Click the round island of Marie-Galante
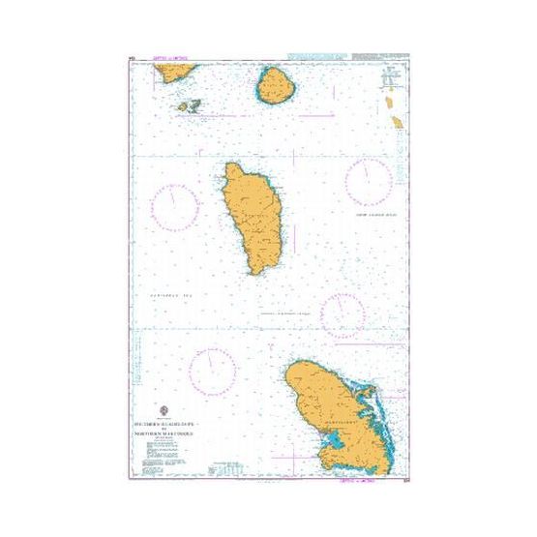click(276, 86)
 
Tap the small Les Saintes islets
click(189, 105)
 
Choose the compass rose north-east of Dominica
click(369, 182)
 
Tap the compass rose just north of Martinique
click(343, 313)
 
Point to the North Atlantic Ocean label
click(380, 221)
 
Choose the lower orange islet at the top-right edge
click(397, 120)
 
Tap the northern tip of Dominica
click(233, 165)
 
